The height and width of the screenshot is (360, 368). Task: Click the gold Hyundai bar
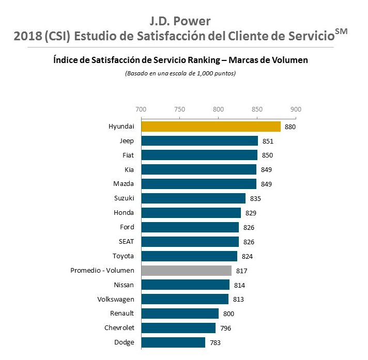[x=210, y=127]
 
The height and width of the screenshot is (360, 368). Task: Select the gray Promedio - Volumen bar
[x=186, y=270]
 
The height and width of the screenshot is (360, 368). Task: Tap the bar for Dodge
[x=173, y=342]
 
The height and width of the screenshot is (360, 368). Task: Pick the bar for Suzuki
[x=193, y=198]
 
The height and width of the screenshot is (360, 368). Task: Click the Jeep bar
[x=199, y=141]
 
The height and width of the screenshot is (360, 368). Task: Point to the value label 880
[x=290, y=127]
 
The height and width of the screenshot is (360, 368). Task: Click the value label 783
[x=214, y=342]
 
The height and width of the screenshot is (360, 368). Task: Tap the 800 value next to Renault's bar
[x=228, y=314]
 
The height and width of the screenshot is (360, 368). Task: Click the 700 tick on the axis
[x=140, y=109]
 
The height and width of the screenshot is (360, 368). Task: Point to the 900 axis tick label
[x=296, y=109]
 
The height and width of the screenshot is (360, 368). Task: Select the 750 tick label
[x=179, y=109]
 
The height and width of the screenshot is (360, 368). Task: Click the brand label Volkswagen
[x=116, y=299]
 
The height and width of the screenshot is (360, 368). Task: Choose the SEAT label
[x=127, y=242]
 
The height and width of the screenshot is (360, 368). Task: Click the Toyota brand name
[x=124, y=256]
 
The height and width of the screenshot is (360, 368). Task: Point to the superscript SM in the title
[x=341, y=32]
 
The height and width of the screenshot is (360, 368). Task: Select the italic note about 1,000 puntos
[x=180, y=73]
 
